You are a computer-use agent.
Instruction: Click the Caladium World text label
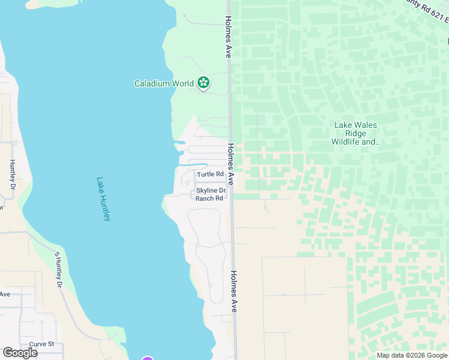(x=163, y=83)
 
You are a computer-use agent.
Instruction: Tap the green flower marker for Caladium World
(x=203, y=83)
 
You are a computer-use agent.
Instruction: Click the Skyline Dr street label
(x=211, y=190)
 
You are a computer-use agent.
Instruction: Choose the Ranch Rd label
(x=209, y=198)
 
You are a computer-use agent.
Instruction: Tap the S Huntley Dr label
(x=59, y=269)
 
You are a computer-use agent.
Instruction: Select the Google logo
(x=20, y=353)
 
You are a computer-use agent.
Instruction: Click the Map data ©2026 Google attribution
(x=412, y=355)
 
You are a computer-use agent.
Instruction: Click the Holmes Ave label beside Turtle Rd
(x=231, y=164)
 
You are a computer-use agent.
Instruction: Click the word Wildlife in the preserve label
(x=351, y=142)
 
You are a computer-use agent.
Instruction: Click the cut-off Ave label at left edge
(x=5, y=294)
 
